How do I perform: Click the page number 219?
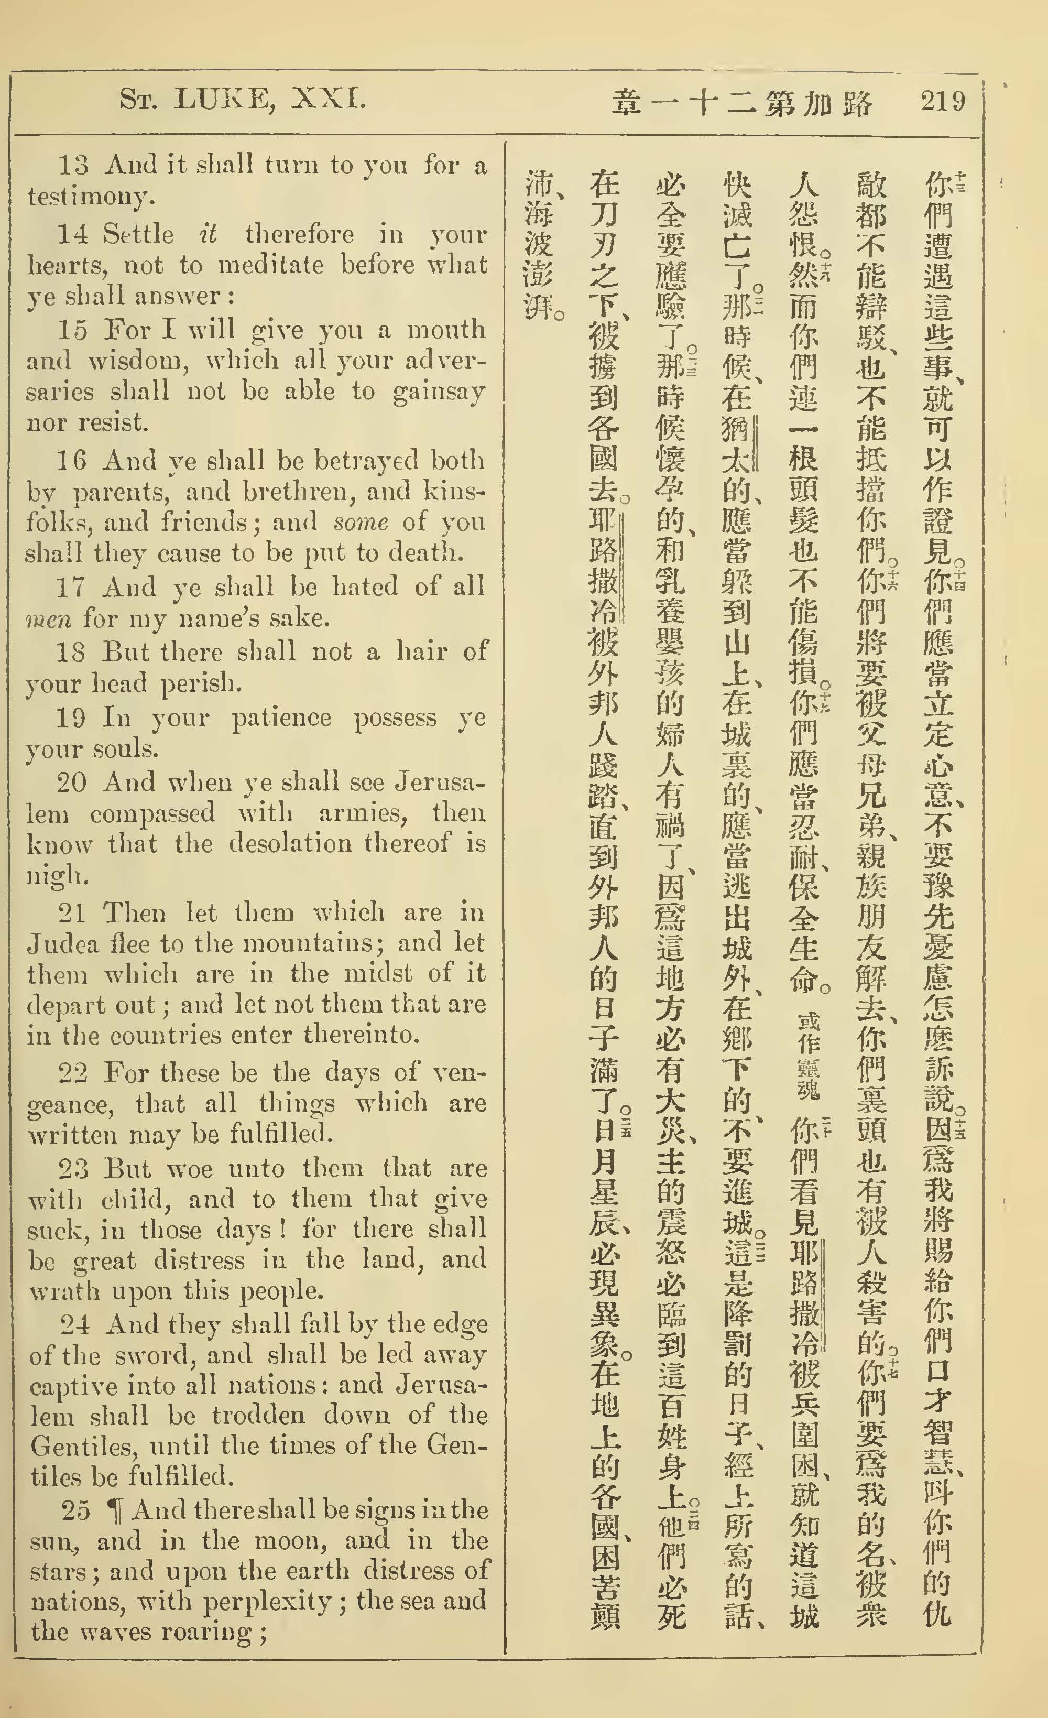tap(943, 102)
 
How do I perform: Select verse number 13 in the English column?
tap(74, 165)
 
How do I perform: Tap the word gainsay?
tap(439, 393)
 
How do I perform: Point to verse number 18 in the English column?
tap(72, 651)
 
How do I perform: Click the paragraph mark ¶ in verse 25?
tap(112, 1510)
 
